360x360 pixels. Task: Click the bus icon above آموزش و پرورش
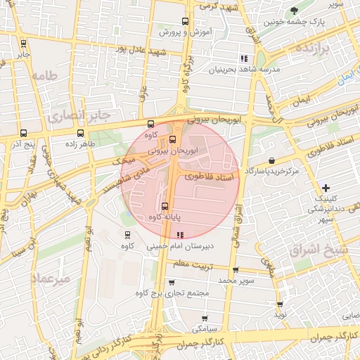[185, 21]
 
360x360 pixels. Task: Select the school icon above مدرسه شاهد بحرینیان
[243, 58]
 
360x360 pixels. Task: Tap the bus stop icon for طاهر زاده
[79, 132]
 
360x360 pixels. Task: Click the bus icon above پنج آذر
[23, 132]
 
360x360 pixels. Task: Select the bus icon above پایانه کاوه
[165, 206]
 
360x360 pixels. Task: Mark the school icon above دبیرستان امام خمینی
[181, 235]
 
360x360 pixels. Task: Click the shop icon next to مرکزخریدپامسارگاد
[272, 161]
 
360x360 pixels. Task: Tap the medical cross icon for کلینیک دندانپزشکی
[325, 188]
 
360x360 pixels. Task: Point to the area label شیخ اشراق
[314, 249]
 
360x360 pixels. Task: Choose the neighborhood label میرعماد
[51, 278]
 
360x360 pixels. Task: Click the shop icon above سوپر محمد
[235, 269]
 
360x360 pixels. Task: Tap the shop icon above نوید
[281, 304]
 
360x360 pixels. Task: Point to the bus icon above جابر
[23, 43]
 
